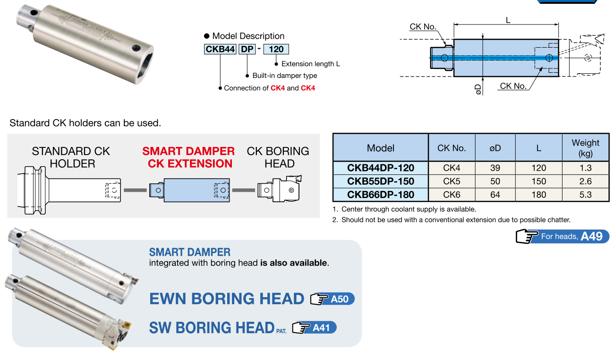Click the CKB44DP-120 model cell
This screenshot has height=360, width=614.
pyautogui.click(x=380, y=168)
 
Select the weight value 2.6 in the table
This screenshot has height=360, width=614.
pyautogui.click(x=585, y=181)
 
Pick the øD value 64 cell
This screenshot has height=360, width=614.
pyautogui.click(x=495, y=194)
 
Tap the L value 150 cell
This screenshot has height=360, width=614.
pyautogui.click(x=538, y=181)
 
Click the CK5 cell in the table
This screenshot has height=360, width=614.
pyautogui.click(x=452, y=181)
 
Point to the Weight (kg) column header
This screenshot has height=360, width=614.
pyautogui.click(x=585, y=147)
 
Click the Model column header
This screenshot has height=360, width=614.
pyautogui.click(x=380, y=148)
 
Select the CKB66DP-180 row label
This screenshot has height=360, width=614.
pyautogui.click(x=380, y=194)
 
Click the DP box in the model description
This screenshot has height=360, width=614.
pyautogui.click(x=247, y=49)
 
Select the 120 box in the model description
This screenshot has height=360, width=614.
pyautogui.click(x=276, y=49)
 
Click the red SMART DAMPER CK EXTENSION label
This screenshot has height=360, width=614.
pyautogui.click(x=189, y=157)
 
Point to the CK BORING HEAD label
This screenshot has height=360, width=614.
pyautogui.click(x=278, y=157)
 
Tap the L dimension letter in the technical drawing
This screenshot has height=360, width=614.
pyautogui.click(x=508, y=20)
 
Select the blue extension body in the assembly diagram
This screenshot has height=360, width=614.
pyautogui.click(x=196, y=190)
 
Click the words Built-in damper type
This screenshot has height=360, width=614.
pyautogui.click(x=284, y=76)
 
